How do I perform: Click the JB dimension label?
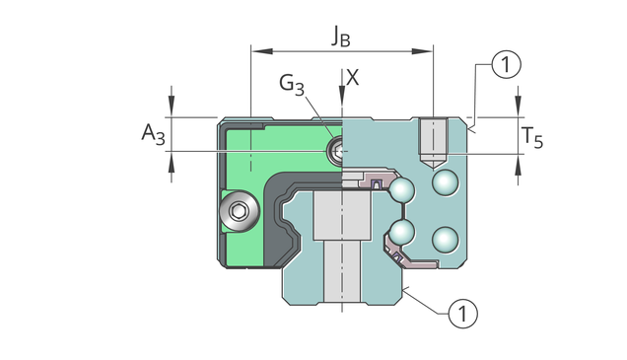tap(341, 36)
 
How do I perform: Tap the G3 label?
tap(292, 85)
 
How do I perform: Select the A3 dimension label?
tap(153, 134)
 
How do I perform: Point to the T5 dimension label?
tap(532, 138)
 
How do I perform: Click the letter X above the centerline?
tap(353, 78)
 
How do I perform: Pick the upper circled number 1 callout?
tap(506, 64)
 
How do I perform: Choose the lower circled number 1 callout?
tap(462, 314)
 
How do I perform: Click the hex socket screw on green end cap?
tap(240, 210)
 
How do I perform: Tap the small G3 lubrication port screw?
tap(336, 150)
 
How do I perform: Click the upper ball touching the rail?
tap(402, 190)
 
